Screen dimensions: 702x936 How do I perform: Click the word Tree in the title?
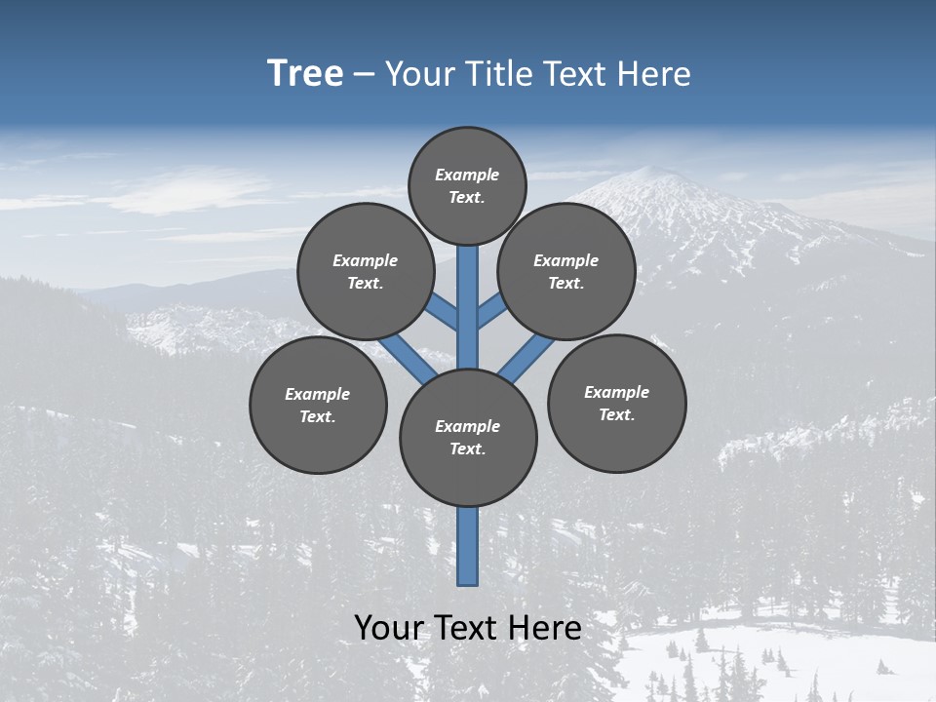(x=305, y=74)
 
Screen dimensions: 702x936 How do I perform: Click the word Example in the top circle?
(x=467, y=175)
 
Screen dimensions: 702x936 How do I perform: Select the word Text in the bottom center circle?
(x=467, y=448)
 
